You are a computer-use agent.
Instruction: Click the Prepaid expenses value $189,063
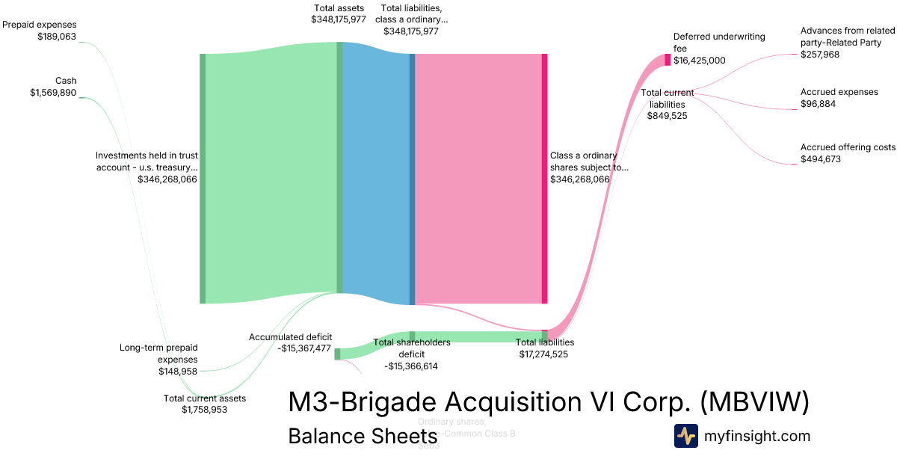pos(57,36)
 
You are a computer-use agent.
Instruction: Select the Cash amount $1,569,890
pos(53,92)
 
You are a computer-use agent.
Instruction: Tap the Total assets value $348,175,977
pos(339,19)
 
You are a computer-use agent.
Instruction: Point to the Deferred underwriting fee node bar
pos(668,60)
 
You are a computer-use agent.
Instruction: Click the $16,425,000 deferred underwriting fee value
pos(699,61)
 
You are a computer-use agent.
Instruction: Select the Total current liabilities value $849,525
pos(667,116)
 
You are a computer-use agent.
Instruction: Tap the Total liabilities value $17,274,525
pos(543,354)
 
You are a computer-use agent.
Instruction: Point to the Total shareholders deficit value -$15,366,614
pos(410,366)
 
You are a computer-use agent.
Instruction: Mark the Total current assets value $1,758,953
pos(204,410)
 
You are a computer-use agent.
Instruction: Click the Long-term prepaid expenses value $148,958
pos(177,371)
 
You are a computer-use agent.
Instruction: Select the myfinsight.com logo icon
pos(685,436)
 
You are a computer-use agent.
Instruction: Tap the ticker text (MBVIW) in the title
pos(754,402)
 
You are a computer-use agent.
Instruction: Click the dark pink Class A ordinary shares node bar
pos(544,179)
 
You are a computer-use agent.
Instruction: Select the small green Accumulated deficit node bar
pos(337,354)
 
